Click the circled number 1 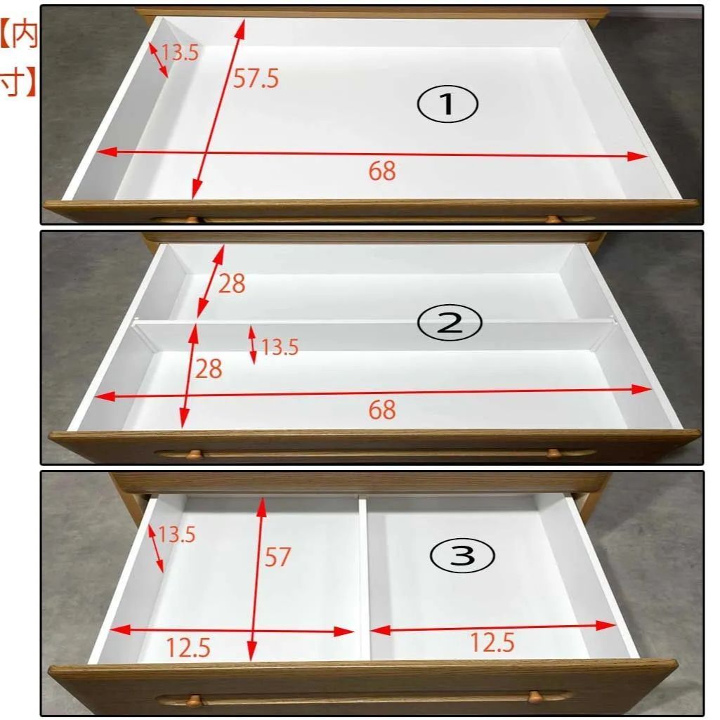coord(447,104)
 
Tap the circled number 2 coord(449,322)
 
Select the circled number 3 coord(462,555)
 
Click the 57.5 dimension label coord(256,78)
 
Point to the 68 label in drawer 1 coord(382,171)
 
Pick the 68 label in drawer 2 coord(382,410)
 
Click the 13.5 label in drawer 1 coord(180,53)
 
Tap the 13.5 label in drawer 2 coord(280,347)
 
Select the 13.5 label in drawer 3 coord(177,535)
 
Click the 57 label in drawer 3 coord(277,557)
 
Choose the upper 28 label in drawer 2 coord(232,283)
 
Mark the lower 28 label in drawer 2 coord(209,369)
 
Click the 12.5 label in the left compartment coord(188,648)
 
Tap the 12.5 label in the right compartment coord(492,642)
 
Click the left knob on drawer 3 coord(194,701)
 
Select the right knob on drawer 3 coord(535,697)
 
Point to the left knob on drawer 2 coord(194,454)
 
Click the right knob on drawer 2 coord(554,453)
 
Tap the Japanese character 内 coord(24,36)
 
